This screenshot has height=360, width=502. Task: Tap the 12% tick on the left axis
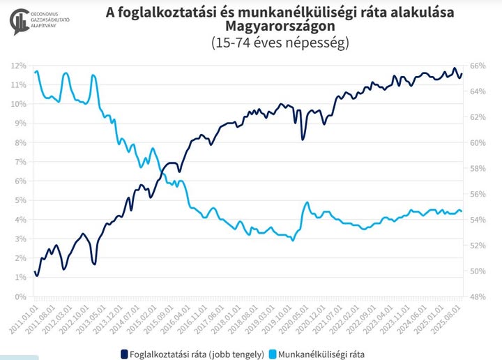pyautogui.click(x=19, y=66)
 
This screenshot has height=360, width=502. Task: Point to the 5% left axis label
pyautogui.click(x=20, y=200)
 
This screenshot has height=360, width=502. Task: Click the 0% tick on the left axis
pyautogui.click(x=20, y=297)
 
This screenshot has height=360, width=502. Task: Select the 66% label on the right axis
pyautogui.click(x=477, y=66)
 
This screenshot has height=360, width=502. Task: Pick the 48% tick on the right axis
pyautogui.click(x=477, y=297)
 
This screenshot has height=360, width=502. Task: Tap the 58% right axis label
pyautogui.click(x=477, y=168)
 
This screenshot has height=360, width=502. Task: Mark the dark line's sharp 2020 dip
pyautogui.click(x=303, y=140)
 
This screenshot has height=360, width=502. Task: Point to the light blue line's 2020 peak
pyautogui.click(x=307, y=202)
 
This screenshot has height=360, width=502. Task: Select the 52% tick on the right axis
pyautogui.click(x=477, y=245)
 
